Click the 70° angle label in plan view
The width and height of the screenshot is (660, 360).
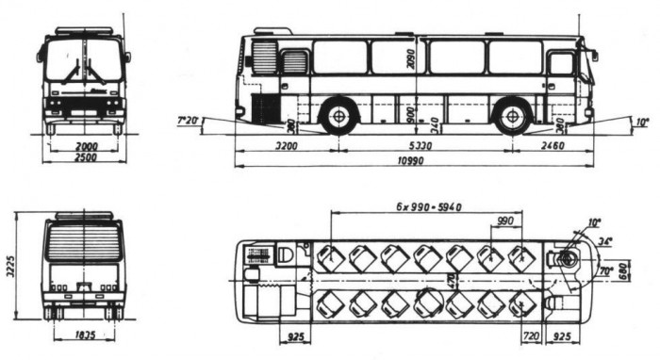pos(606,270)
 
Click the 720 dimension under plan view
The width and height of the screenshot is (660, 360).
pos(530,335)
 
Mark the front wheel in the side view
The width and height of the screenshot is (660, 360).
pos(512,118)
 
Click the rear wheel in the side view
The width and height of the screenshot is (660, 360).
pos(336,118)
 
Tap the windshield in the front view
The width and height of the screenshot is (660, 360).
pos(83,61)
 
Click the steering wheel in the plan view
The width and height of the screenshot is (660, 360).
pos(569,256)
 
